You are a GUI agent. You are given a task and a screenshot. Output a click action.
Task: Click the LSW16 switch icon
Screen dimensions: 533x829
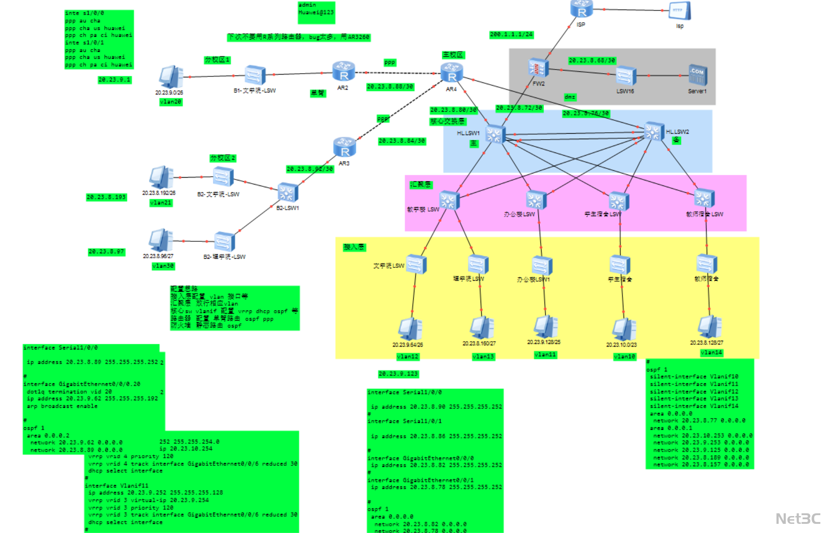(x=626, y=76)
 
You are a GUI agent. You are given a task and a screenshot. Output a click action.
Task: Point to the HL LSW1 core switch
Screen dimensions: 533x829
(x=495, y=134)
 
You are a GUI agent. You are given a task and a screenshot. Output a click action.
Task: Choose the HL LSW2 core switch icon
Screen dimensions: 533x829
(x=653, y=131)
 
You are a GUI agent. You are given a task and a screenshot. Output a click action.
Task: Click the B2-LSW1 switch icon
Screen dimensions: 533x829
(x=288, y=192)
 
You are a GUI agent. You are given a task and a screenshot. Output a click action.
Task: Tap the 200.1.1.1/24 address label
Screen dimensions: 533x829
(x=511, y=34)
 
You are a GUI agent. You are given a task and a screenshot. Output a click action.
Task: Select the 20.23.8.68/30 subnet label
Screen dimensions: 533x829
(x=592, y=60)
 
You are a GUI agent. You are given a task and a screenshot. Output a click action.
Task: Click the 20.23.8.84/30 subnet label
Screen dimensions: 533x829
(x=402, y=141)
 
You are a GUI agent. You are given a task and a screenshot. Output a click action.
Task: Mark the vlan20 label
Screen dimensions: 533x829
(x=171, y=102)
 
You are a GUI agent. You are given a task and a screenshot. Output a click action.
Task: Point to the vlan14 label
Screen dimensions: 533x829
(x=711, y=353)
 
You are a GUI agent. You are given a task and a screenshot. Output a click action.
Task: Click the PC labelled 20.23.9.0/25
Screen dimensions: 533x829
(x=171, y=77)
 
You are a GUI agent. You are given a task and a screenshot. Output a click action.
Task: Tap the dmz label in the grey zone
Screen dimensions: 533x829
(x=570, y=97)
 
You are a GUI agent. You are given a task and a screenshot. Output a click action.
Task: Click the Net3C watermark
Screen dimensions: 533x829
(x=797, y=519)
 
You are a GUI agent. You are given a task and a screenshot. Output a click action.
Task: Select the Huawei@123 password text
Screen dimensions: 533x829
(x=316, y=12)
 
